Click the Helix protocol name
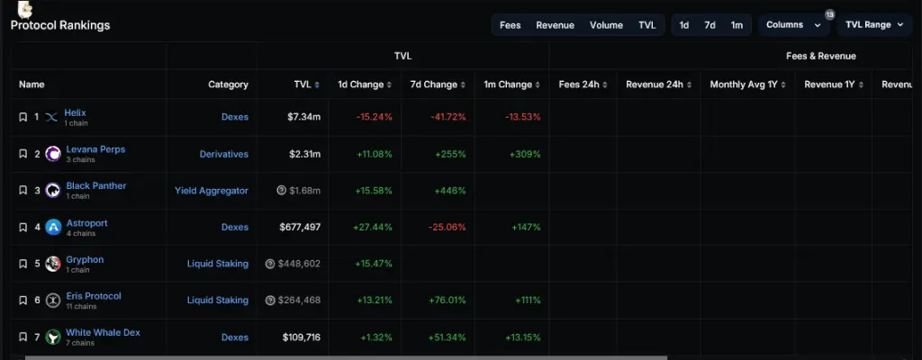click(x=76, y=112)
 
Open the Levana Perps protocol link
click(x=95, y=148)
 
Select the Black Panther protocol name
click(x=96, y=185)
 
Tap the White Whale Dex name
click(x=103, y=332)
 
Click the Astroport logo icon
click(x=52, y=227)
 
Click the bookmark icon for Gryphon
click(x=23, y=264)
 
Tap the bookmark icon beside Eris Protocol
click(x=23, y=301)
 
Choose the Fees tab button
click(x=510, y=25)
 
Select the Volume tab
click(x=606, y=25)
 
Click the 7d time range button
click(x=710, y=25)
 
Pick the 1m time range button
click(x=737, y=25)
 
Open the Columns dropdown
click(x=792, y=25)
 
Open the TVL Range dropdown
click(x=873, y=25)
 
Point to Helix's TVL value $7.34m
click(x=303, y=117)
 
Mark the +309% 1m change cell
click(x=525, y=154)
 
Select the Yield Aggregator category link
click(x=211, y=191)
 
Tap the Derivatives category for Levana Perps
click(x=223, y=154)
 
